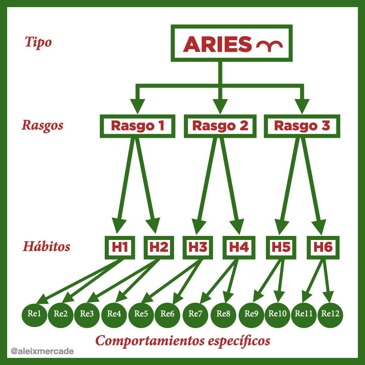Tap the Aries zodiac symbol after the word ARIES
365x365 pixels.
pyautogui.click(x=269, y=46)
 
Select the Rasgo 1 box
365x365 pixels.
pyautogui.click(x=138, y=126)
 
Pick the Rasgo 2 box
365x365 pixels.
pyautogui.click(x=220, y=126)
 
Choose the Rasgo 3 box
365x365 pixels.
pyautogui.click(x=302, y=126)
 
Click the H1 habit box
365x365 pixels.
pyautogui.click(x=120, y=247)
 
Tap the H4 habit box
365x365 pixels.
pyautogui.click(x=239, y=247)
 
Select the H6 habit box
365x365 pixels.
pyautogui.click(x=323, y=247)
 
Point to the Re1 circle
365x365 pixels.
pyautogui.click(x=34, y=314)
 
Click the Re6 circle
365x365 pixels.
pyautogui.click(x=167, y=314)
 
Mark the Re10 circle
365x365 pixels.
pyautogui.click(x=277, y=314)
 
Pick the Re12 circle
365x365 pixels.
pyautogui.click(x=330, y=314)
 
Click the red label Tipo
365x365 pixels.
pyautogui.click(x=38, y=42)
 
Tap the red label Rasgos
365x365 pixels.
pyautogui.click(x=43, y=125)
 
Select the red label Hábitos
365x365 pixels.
pyautogui.click(x=47, y=246)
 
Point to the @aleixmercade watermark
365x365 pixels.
pyautogui.click(x=42, y=351)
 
